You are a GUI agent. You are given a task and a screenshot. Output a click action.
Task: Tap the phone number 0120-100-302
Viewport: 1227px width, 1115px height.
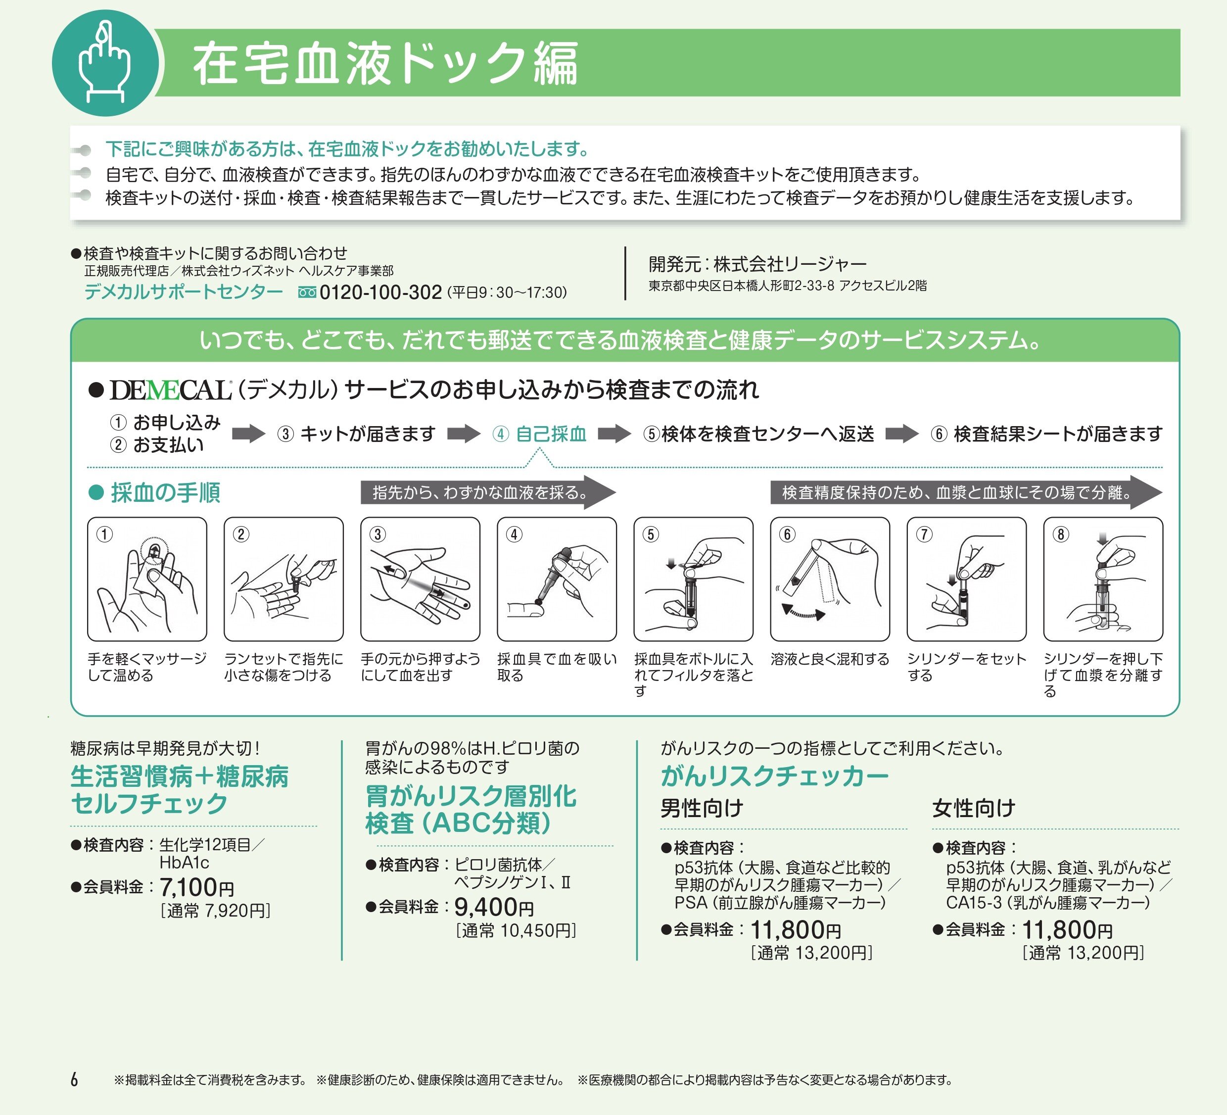pos(380,292)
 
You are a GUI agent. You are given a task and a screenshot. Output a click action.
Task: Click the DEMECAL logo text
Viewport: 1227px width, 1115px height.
pos(170,390)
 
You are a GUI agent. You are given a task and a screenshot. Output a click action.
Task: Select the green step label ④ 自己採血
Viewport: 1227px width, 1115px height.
pos(539,434)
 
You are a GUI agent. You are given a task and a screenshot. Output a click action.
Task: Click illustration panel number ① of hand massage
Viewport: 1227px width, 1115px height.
pos(147,579)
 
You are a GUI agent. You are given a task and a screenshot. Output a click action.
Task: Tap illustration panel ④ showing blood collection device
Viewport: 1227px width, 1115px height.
pos(556,579)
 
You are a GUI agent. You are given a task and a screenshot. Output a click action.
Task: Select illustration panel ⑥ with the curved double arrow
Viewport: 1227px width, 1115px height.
pos(830,579)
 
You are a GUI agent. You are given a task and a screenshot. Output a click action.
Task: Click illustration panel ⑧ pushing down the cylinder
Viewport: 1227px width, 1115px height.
pos(1103,579)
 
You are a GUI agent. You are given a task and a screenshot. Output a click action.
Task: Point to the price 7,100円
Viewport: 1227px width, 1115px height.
pos(196,887)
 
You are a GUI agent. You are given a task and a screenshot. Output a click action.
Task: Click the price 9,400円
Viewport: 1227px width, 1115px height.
pos(494,907)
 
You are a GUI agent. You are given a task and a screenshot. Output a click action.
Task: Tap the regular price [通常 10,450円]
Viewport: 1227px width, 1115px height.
pos(516,930)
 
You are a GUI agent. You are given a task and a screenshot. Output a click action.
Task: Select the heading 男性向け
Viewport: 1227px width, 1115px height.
pos(702,808)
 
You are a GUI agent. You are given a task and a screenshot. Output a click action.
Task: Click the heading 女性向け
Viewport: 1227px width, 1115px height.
pos(973,808)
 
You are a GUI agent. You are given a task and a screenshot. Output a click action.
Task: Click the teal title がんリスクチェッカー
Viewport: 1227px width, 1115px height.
pos(774,776)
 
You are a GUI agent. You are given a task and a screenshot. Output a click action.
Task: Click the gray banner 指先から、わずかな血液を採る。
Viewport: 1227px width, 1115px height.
pos(481,492)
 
